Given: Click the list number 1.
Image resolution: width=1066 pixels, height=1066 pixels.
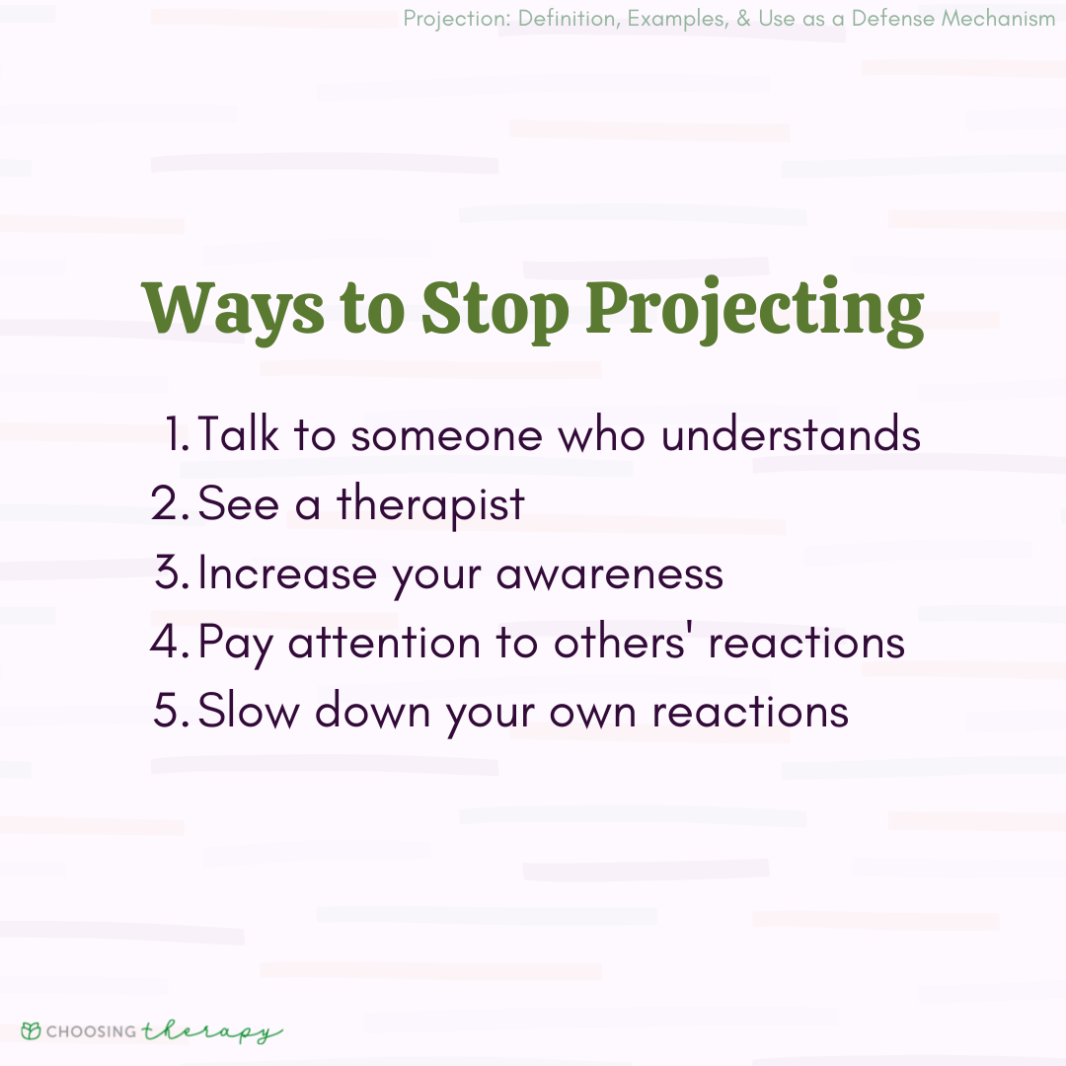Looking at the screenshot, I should pyautogui.click(x=178, y=435).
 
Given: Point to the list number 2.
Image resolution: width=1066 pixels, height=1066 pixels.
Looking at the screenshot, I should pyautogui.click(x=170, y=504).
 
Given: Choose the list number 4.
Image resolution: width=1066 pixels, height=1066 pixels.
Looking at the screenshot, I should pyautogui.click(x=170, y=643).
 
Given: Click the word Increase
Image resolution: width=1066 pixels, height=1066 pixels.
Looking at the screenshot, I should pyautogui.click(x=287, y=573).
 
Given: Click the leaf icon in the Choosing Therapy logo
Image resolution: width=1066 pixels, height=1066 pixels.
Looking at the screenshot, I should pyautogui.click(x=31, y=1031).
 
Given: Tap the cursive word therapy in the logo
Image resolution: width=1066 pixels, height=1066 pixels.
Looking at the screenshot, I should pyautogui.click(x=211, y=1031).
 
